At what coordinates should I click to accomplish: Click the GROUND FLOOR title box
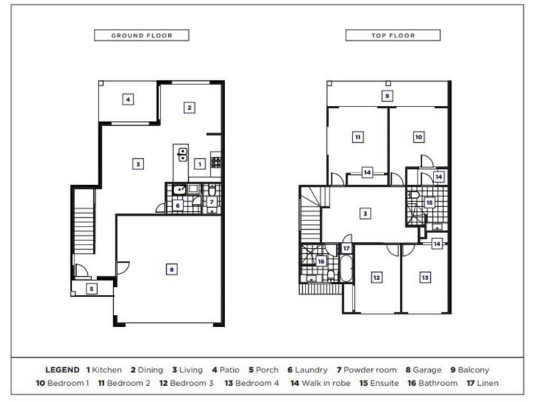click(x=141, y=36)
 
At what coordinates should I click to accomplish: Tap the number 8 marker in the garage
click(x=172, y=269)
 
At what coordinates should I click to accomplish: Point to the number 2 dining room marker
click(x=190, y=107)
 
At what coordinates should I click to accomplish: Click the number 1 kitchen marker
click(x=199, y=163)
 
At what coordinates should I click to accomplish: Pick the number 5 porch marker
click(x=92, y=289)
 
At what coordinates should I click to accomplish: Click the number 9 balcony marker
click(x=387, y=96)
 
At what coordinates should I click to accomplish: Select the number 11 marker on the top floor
click(x=358, y=137)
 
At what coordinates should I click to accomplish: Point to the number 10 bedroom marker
click(x=418, y=137)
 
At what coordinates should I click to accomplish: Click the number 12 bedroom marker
click(x=377, y=277)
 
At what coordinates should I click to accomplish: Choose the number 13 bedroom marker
click(x=425, y=277)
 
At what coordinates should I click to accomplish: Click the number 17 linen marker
click(x=346, y=249)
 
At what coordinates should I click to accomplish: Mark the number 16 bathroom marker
click(x=322, y=261)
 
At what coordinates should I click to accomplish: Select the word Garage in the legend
click(x=427, y=369)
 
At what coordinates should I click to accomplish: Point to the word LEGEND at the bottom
click(x=63, y=369)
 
